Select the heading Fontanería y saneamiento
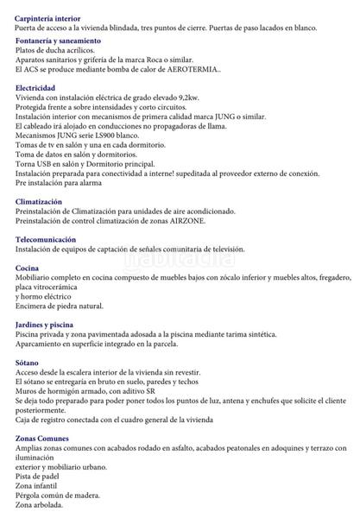[58, 41]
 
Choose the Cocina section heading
[27, 268]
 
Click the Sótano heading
[27, 362]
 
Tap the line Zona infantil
[37, 485]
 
